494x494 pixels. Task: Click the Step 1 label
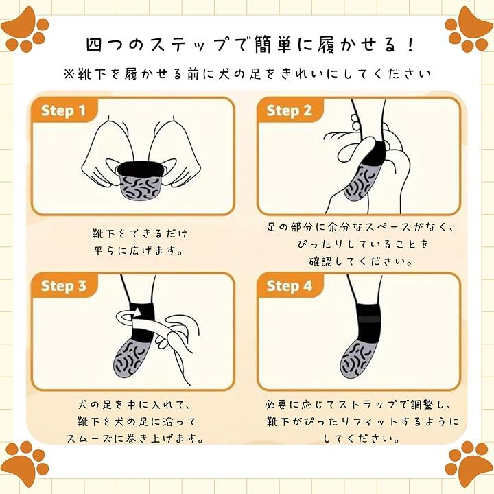pos(63,110)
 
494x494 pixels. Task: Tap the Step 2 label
pos(289,110)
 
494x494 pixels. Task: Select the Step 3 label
pos(63,285)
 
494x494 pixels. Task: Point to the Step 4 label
pos(289,285)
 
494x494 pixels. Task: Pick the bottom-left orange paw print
pos(26,464)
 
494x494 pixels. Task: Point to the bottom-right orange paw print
pos(469,464)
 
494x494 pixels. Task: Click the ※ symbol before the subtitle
pos(69,74)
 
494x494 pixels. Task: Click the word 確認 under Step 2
pos(320,261)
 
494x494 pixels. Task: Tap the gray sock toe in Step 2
pos(360,182)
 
